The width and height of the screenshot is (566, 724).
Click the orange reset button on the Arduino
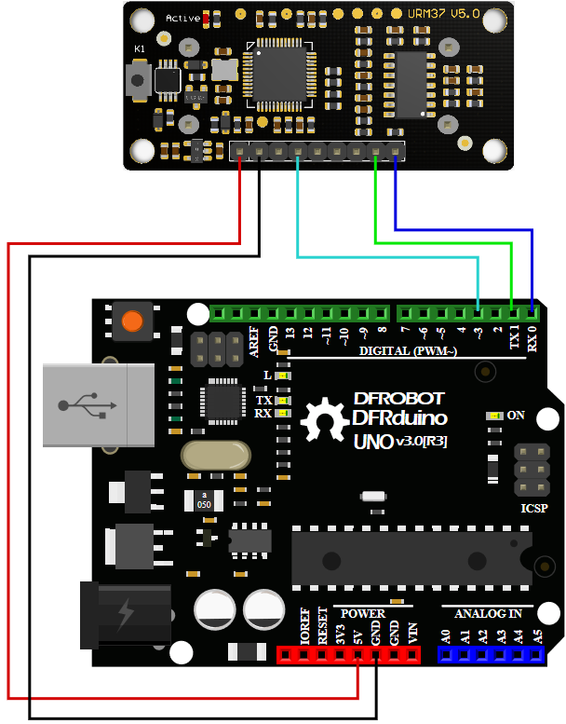(133, 321)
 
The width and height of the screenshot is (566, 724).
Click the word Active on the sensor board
(182, 18)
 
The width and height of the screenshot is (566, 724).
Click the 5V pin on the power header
(358, 655)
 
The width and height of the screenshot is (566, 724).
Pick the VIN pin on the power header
(412, 655)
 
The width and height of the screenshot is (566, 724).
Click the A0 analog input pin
(446, 655)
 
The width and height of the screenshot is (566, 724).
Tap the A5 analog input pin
(537, 655)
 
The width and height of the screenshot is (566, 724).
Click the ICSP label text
(534, 510)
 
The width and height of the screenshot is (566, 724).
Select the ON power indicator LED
(496, 417)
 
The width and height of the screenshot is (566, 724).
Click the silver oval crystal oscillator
(216, 456)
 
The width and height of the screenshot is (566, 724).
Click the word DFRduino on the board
(400, 418)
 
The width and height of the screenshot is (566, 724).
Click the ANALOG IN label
(488, 614)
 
